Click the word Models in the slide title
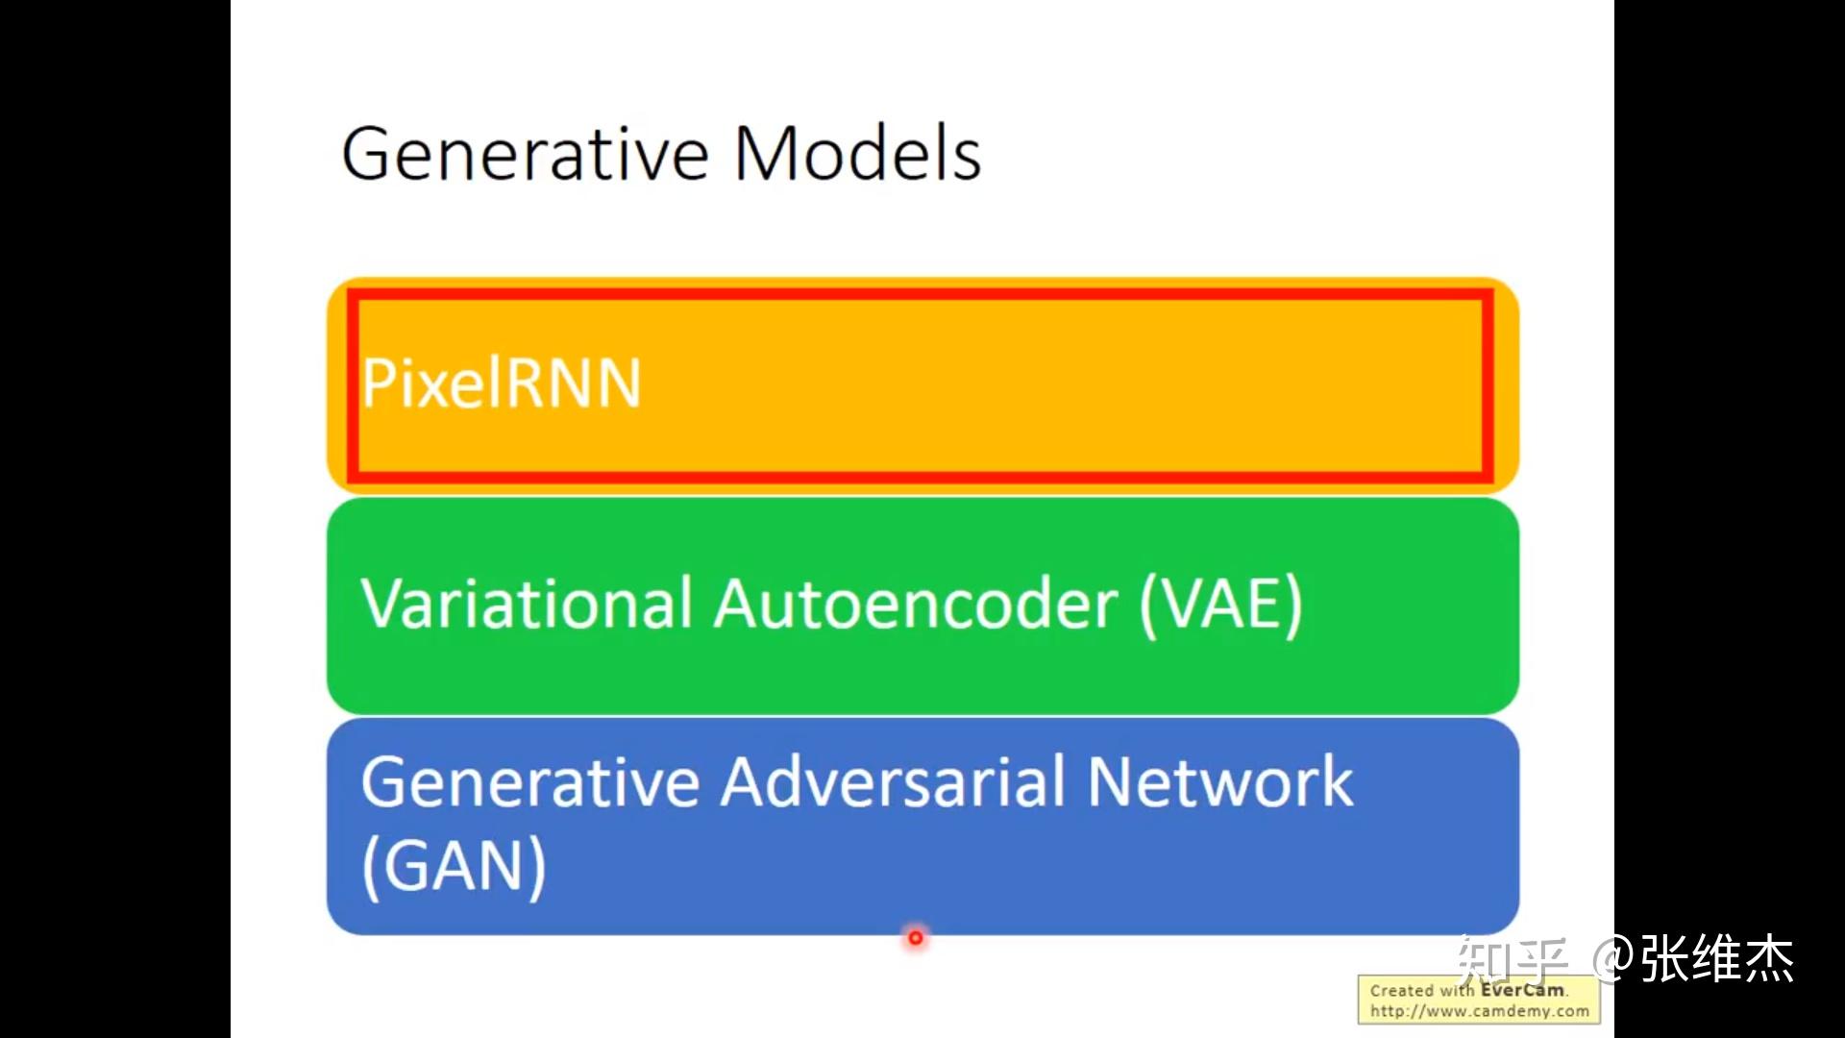(x=858, y=153)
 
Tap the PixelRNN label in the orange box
(x=501, y=383)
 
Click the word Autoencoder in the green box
(x=916, y=604)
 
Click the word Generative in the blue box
(x=530, y=781)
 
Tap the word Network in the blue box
(x=1220, y=781)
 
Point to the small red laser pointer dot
(x=916, y=937)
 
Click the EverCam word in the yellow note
(x=1522, y=990)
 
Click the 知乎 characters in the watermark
(x=1512, y=959)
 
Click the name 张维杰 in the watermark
(x=1717, y=959)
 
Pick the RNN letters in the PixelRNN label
(x=572, y=383)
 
